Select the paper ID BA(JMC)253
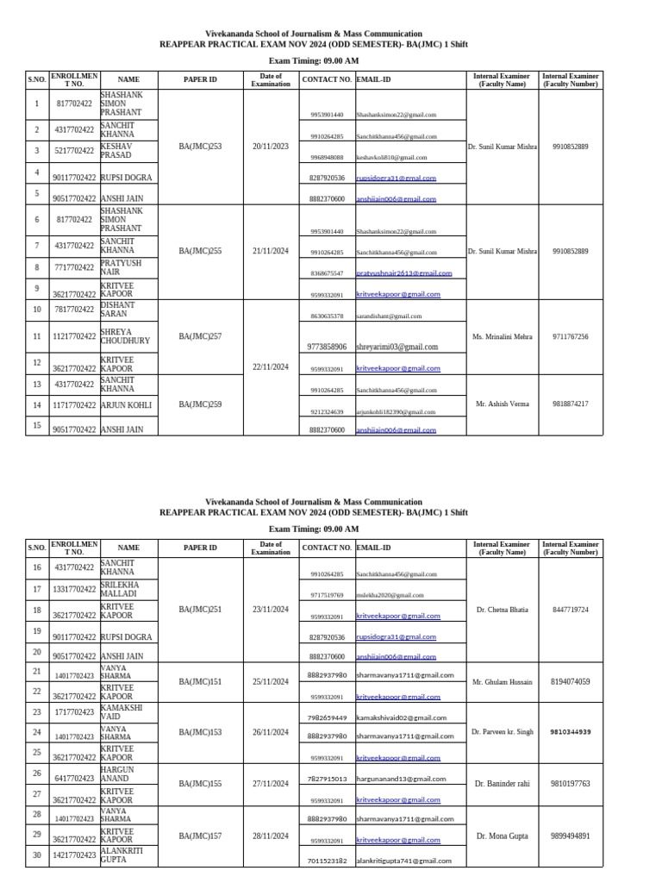pos(200,147)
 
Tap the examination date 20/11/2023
pos(271,147)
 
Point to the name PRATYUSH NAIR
pos(116,267)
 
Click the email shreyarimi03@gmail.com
pos(397,347)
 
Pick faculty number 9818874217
pos(571,404)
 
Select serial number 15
pos(37,424)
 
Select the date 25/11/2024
pos(271,681)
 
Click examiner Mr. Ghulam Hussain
pos(502,681)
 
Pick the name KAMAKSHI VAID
pos(122,711)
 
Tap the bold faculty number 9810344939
pos(571,732)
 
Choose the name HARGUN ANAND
pos(118,773)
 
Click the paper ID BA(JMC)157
pos(200,836)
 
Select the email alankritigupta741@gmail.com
pos(403,861)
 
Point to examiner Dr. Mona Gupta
pos(502,836)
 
